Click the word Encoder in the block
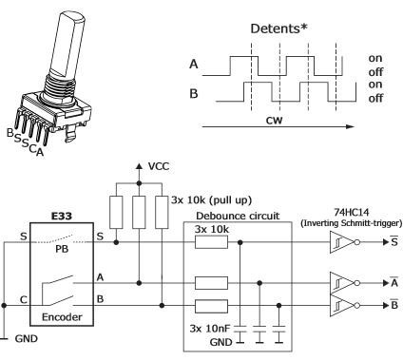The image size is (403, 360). click(x=64, y=313)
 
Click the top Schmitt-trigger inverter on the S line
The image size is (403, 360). click(x=340, y=242)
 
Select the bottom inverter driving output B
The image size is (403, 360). click(x=340, y=306)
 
